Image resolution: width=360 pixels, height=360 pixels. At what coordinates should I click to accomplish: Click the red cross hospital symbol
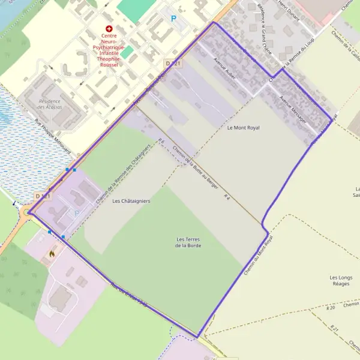pos(109,29)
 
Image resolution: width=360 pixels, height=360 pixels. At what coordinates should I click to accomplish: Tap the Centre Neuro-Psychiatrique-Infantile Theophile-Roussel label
pos(109,47)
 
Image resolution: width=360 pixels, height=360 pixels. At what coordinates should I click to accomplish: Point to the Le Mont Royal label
pos(243,128)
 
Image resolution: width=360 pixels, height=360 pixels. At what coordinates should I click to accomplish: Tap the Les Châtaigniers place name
pos(131,201)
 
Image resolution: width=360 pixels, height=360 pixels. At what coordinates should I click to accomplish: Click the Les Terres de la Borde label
pos(188,242)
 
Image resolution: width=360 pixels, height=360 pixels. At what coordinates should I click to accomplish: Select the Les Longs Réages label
pos(341,280)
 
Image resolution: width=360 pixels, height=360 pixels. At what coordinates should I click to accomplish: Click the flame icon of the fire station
pos(52,254)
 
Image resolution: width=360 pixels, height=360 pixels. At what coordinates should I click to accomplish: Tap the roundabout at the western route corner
pos(28,211)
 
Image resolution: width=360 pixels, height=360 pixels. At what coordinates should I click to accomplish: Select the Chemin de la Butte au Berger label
pos(195,167)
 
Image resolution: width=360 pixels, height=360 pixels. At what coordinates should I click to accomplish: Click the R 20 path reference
pos(332,307)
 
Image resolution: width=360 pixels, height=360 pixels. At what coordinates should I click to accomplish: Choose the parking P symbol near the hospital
pos(174,19)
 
